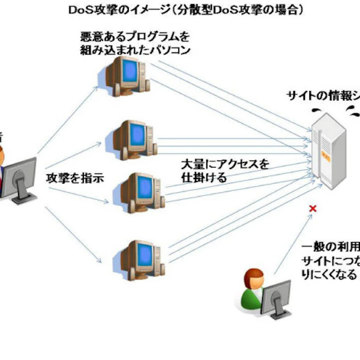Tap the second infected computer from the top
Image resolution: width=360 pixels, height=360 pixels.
point(133,139)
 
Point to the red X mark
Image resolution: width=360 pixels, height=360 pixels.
point(312,208)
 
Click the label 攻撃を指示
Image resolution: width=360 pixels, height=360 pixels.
point(75,178)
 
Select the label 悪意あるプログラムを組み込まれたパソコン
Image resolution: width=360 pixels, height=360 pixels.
point(136,44)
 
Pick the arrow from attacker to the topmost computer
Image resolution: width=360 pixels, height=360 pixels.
point(67,119)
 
